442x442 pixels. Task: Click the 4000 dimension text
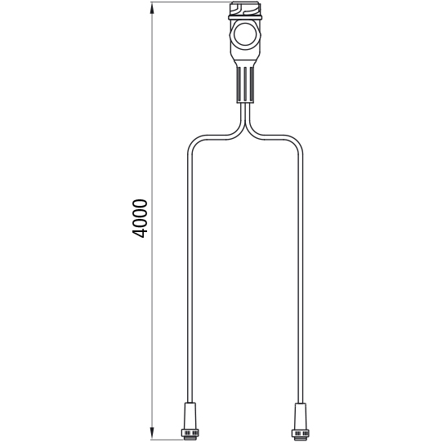tap(140, 217)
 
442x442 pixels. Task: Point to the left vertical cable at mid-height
tap(190, 270)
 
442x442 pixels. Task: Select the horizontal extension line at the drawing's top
tap(188, 2)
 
